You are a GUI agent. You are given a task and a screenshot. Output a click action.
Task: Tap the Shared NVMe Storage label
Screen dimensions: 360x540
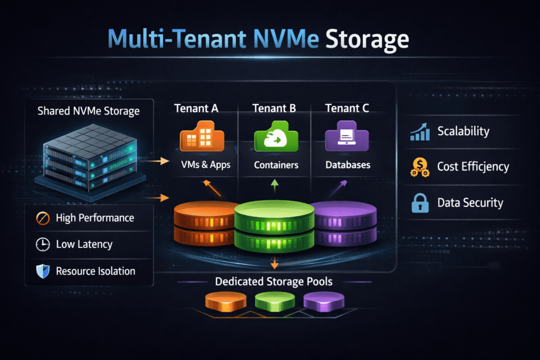[89, 111]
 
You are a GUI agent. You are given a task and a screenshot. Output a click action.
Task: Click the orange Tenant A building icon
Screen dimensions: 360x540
[202, 137]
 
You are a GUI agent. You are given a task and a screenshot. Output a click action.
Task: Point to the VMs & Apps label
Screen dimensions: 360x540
[203, 165]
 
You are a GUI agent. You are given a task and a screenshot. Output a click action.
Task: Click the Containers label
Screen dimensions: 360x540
[276, 165]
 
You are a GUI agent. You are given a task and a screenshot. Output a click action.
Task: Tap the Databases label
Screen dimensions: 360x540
[348, 165]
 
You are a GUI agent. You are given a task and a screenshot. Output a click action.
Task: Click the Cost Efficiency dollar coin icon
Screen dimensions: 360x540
[420, 167]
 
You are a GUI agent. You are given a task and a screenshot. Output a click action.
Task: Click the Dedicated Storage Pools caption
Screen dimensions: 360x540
[274, 281]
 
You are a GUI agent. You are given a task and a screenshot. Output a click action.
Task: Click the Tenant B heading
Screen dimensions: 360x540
[274, 108]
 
